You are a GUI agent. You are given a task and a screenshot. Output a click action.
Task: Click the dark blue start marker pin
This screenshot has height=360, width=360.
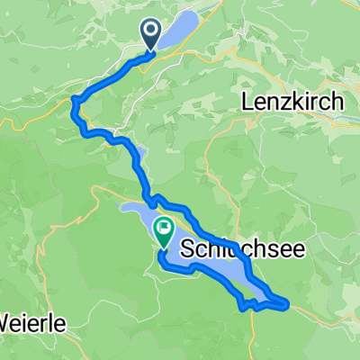pos(149,34)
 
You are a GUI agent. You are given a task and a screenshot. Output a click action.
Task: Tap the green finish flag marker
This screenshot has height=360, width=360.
pos(164,231)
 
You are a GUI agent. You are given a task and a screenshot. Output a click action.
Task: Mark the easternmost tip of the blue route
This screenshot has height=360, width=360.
pos(287,303)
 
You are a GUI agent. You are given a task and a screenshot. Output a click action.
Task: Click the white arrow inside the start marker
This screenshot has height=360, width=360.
pos(149,31)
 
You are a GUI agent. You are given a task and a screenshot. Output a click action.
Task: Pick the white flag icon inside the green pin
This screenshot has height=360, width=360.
pos(164,228)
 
